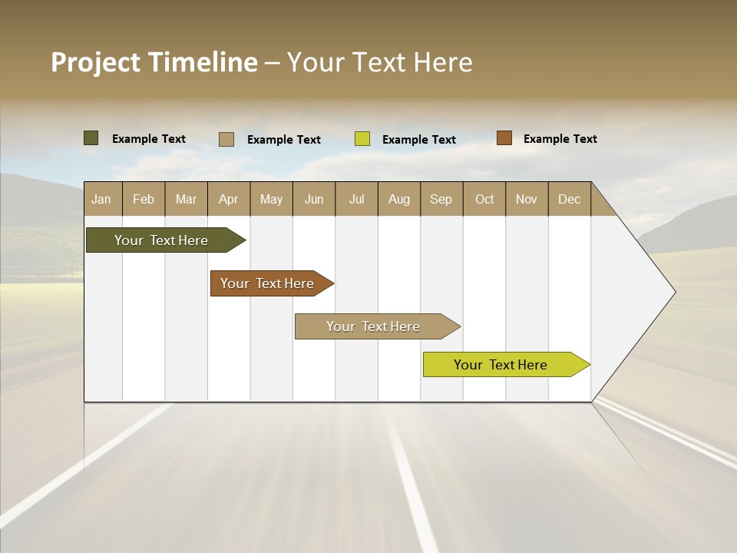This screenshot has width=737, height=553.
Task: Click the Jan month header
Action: tap(101, 200)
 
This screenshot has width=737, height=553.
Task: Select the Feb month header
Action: tap(144, 200)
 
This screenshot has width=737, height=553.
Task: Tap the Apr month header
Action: tap(228, 200)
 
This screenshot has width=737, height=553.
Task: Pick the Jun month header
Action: tap(314, 200)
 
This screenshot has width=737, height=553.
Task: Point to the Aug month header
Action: tap(398, 200)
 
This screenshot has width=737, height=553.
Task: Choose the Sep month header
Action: tap(441, 200)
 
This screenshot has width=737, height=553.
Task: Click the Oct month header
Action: tap(484, 200)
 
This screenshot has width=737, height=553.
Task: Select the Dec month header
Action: tap(569, 200)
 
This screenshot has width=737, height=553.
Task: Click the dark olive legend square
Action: tap(91, 138)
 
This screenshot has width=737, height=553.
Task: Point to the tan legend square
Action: tap(226, 139)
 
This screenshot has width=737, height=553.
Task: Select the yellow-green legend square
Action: tap(362, 139)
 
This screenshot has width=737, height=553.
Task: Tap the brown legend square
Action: tap(504, 138)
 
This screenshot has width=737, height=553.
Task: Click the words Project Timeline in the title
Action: tap(154, 62)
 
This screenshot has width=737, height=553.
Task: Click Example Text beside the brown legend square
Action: tap(560, 139)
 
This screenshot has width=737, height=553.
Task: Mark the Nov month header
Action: tap(527, 200)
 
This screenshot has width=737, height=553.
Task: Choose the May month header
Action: tap(271, 200)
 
